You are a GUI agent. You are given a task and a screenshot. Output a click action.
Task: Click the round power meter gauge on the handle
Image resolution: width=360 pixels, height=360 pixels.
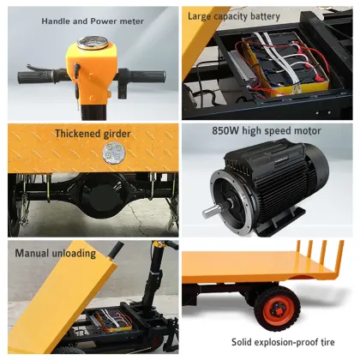tap(88, 43)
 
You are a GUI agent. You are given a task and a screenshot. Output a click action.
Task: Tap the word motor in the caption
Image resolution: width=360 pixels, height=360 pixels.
tap(305, 132)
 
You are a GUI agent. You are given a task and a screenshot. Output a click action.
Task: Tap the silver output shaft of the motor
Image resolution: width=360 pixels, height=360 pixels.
tap(210, 210)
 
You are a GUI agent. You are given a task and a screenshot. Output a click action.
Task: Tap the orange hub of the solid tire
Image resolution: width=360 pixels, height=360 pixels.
tap(276, 307)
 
